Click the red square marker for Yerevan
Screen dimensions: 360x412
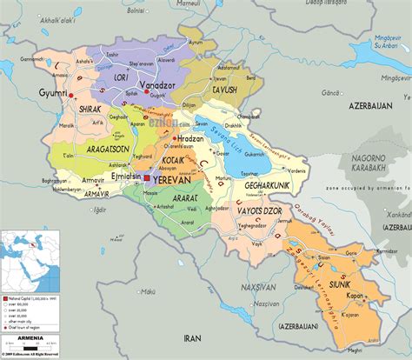[x=147, y=178]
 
